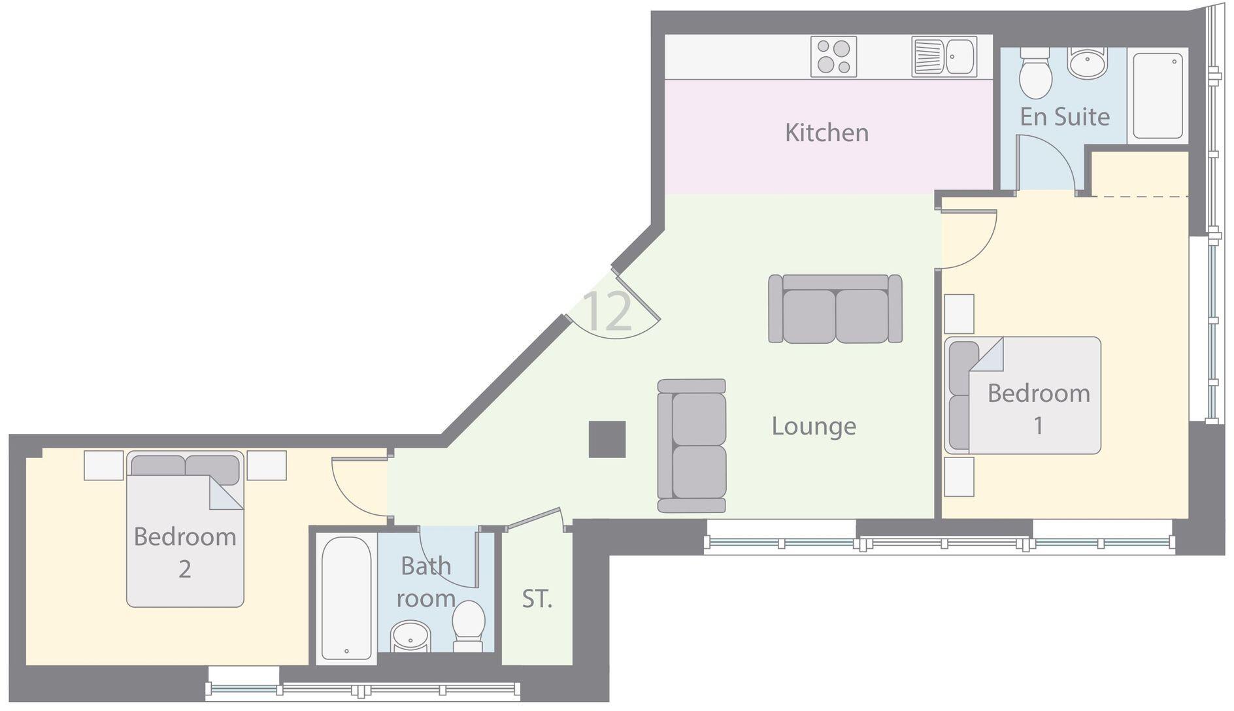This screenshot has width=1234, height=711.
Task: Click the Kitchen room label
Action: pyautogui.click(x=827, y=133)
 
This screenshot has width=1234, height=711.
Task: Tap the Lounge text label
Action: pyautogui.click(x=814, y=426)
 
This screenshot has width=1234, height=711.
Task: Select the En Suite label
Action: pyautogui.click(x=1065, y=117)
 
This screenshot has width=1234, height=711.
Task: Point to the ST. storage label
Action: pyautogui.click(x=537, y=599)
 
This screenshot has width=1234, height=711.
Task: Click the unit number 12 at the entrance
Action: pyautogui.click(x=607, y=312)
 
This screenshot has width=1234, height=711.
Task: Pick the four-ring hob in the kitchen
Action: pyautogui.click(x=833, y=57)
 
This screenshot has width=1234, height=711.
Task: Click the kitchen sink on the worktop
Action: pyautogui.click(x=944, y=57)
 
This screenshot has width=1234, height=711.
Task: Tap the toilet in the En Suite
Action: pyautogui.click(x=1035, y=73)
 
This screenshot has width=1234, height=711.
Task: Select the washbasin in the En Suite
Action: pyautogui.click(x=1087, y=63)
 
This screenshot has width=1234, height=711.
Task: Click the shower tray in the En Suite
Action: pyautogui.click(x=1158, y=95)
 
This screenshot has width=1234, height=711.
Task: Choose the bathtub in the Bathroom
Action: pyautogui.click(x=346, y=598)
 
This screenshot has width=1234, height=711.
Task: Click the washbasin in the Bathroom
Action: pyautogui.click(x=410, y=636)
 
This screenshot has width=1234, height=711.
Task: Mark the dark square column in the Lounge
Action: pyautogui.click(x=607, y=439)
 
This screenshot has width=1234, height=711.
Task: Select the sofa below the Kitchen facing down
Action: pyautogui.click(x=835, y=308)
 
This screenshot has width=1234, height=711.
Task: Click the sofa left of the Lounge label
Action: pyautogui.click(x=692, y=446)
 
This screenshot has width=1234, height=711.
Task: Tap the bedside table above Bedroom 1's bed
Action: pyautogui.click(x=959, y=314)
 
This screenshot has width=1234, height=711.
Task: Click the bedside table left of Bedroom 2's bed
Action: pyautogui.click(x=104, y=465)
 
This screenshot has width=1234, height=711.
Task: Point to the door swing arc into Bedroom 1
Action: pyautogui.click(x=974, y=245)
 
